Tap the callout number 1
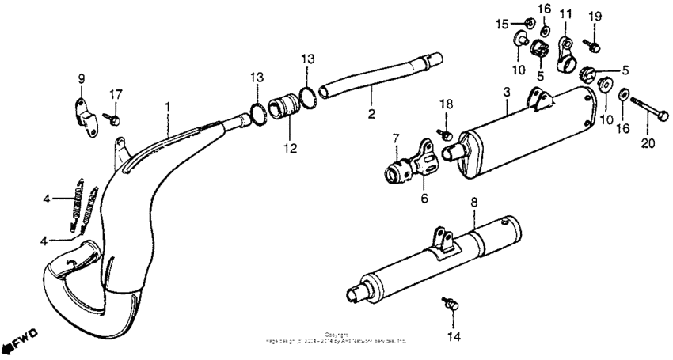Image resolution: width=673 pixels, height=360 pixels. (167, 105)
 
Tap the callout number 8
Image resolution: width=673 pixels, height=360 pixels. (473, 202)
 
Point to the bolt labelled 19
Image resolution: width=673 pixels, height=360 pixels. (590, 44)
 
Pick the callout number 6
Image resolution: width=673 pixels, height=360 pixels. (424, 199)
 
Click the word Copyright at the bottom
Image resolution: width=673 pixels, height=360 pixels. (336, 334)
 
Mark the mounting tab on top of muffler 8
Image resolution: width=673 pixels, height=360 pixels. (442, 241)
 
